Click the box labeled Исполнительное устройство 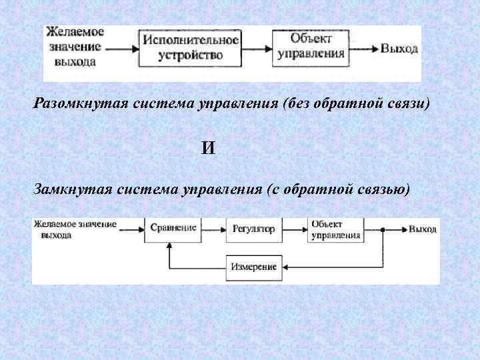(190, 48)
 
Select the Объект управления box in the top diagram (311, 47)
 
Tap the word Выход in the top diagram (399, 49)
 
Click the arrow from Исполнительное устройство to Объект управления (257, 49)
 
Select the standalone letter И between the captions (209, 148)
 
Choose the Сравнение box (172, 228)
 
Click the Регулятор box (253, 229)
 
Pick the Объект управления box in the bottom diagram (336, 229)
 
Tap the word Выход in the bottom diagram (423, 229)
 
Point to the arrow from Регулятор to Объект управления (295, 229)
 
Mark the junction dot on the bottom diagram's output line (383, 229)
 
